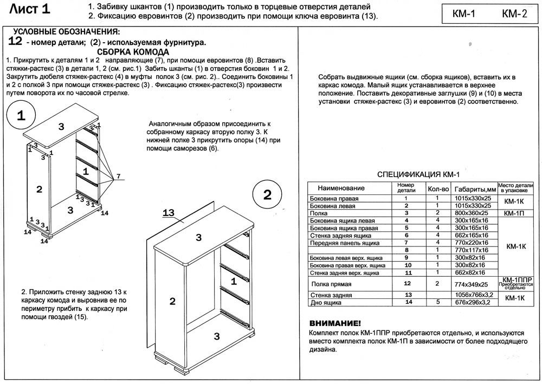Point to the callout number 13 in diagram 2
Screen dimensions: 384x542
[169, 213]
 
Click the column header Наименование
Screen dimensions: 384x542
[341, 188]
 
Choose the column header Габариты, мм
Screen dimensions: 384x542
[475, 189]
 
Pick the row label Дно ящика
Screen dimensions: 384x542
[326, 302]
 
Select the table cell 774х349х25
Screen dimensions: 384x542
[472, 284]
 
